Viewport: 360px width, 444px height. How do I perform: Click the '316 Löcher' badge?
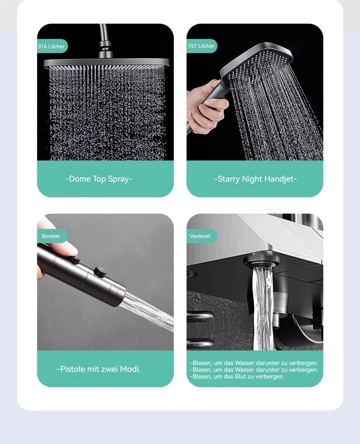click(x=52, y=46)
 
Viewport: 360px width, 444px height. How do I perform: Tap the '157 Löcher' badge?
click(x=201, y=46)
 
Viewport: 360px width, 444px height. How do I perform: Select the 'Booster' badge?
click(x=52, y=236)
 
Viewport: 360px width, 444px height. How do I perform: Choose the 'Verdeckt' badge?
click(x=201, y=236)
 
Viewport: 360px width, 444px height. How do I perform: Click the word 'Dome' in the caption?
click(x=80, y=179)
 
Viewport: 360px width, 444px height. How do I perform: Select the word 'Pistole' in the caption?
click(x=72, y=369)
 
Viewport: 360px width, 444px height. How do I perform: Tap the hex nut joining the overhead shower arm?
click(x=105, y=44)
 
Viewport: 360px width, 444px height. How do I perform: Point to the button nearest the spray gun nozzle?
click(x=100, y=271)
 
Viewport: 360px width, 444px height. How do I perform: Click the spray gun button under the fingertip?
click(x=75, y=260)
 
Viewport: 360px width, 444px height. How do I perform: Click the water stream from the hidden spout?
click(x=263, y=309)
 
